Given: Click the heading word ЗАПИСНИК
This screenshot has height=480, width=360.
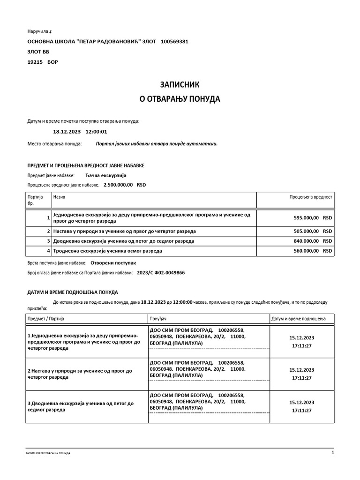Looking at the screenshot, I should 180,85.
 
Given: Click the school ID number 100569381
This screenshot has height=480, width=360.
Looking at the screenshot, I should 174,41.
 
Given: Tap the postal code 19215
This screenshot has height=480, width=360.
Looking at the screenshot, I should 35,62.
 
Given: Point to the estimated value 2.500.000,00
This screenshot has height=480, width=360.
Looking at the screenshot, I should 115,185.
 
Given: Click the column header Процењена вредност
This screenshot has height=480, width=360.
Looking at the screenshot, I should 310,197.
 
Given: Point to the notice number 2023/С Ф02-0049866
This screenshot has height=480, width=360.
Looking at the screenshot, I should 160,272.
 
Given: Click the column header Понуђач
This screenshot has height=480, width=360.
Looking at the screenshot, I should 158,319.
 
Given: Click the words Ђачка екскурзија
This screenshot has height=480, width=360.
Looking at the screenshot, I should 106,175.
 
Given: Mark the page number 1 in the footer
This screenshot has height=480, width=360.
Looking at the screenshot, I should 332,453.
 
